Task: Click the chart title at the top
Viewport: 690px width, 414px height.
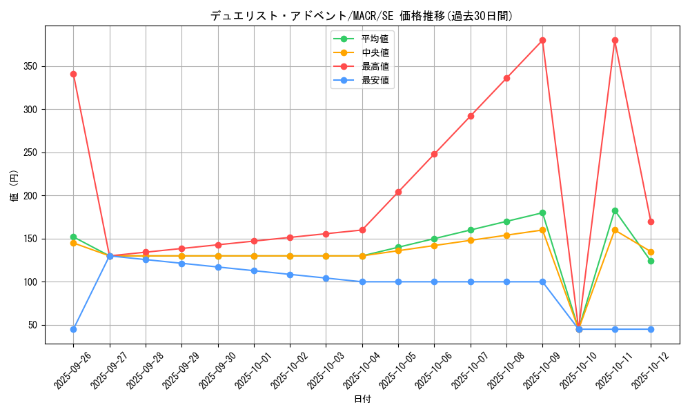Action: (x=362, y=16)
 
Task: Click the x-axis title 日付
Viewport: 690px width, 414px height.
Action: (x=362, y=400)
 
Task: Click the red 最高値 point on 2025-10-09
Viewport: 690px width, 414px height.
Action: (x=542, y=40)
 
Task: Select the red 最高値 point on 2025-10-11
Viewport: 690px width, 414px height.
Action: (x=615, y=40)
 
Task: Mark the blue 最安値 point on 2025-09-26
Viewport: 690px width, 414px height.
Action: (x=73, y=329)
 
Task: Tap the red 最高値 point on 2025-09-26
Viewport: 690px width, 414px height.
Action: (x=73, y=74)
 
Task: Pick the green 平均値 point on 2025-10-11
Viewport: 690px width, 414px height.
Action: (x=615, y=210)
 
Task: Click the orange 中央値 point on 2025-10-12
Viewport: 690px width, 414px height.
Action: (x=651, y=252)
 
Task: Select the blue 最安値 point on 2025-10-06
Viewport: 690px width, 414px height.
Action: (x=434, y=282)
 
